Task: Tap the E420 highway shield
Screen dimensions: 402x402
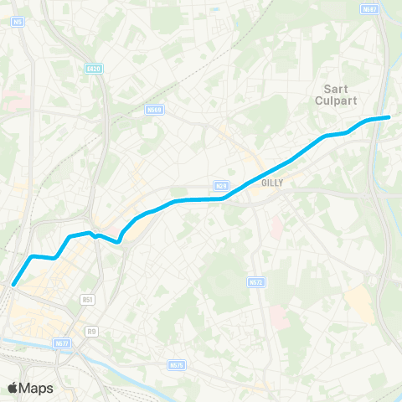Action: point(93,69)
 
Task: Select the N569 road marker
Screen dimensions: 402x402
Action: point(153,109)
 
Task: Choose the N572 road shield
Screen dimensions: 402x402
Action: point(257,282)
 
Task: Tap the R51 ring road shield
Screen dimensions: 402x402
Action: point(87,298)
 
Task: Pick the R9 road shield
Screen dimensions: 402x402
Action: point(91,331)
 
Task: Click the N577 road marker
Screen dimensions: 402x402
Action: point(61,343)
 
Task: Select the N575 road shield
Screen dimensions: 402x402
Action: point(175,364)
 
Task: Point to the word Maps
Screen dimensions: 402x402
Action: point(38,388)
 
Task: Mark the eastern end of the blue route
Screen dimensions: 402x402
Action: point(389,117)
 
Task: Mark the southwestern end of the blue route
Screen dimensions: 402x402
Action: point(13,285)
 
